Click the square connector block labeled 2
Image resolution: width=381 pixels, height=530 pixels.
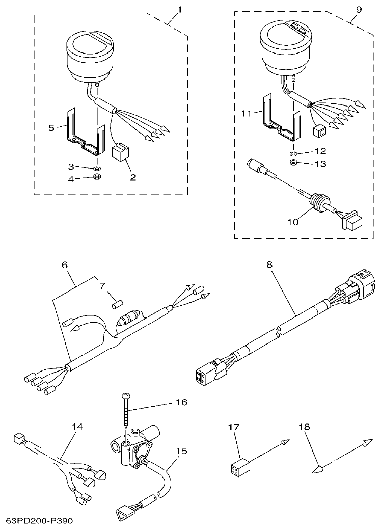121,152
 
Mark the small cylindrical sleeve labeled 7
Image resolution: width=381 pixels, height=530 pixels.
115,305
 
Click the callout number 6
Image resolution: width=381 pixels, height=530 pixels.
64,265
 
